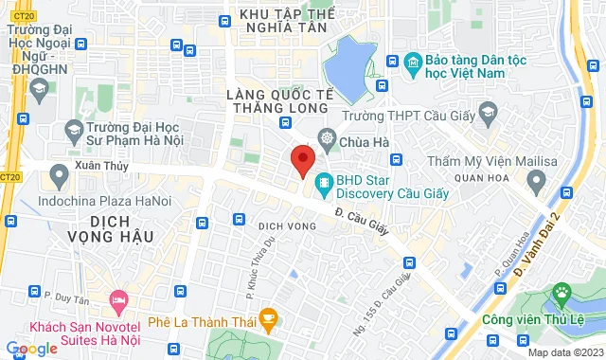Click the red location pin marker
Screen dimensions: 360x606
pyautogui.click(x=302, y=160)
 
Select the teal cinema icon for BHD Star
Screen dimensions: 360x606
pyautogui.click(x=323, y=180)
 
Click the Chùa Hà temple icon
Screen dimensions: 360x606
pyautogui.click(x=327, y=138)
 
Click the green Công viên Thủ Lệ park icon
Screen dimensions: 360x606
pyautogui.click(x=563, y=294)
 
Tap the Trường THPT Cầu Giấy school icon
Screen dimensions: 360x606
pyautogui.click(x=487, y=115)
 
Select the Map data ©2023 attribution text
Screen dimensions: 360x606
pyautogui.click(x=563, y=352)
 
